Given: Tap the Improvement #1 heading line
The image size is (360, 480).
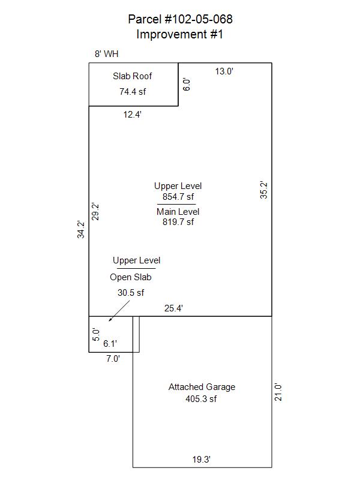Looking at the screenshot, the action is (x=179, y=34).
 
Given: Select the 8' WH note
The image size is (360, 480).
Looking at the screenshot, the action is (x=107, y=54).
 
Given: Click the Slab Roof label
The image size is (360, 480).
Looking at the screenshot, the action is (x=132, y=76).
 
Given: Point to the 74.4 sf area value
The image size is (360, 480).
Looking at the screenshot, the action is (x=133, y=92).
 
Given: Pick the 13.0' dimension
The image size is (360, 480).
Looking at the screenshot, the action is (x=224, y=71).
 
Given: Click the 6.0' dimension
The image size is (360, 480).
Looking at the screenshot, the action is (x=187, y=85).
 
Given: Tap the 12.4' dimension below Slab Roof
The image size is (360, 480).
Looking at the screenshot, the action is (x=132, y=115).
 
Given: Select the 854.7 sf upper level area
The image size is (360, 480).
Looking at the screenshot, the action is (x=178, y=197).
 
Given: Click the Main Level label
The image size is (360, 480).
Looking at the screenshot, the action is (x=178, y=212).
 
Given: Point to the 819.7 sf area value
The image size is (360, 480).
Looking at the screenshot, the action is (x=178, y=221).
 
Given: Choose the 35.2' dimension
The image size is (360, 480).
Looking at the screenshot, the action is (x=263, y=190).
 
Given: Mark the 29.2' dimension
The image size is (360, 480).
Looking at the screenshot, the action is (x=95, y=212).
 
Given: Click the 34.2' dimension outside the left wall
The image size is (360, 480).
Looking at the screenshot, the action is (x=81, y=229).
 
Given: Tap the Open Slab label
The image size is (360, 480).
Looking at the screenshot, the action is (x=131, y=277).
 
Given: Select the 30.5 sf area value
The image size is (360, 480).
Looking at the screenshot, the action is (x=131, y=293).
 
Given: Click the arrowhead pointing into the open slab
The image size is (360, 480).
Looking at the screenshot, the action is (x=110, y=320).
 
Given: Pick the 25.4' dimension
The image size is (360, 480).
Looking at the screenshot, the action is (x=173, y=308).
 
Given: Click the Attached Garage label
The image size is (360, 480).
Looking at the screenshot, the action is (x=202, y=387).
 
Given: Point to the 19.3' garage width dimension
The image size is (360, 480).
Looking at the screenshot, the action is (x=202, y=460).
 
